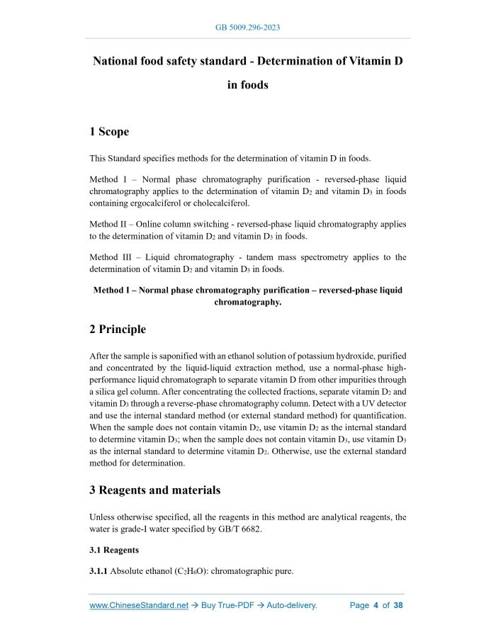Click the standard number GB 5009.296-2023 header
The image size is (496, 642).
tap(247, 28)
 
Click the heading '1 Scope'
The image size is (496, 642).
tap(109, 131)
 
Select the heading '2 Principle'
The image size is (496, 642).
tap(118, 329)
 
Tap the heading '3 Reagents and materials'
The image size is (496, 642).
tap(154, 490)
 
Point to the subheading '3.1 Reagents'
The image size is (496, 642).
tap(114, 550)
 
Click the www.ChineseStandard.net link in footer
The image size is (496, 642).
tap(139, 606)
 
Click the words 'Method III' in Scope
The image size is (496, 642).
tap(112, 257)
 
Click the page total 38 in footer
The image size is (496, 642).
tap(398, 606)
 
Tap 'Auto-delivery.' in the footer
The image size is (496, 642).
tap(291, 606)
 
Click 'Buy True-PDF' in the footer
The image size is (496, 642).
tap(225, 606)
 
